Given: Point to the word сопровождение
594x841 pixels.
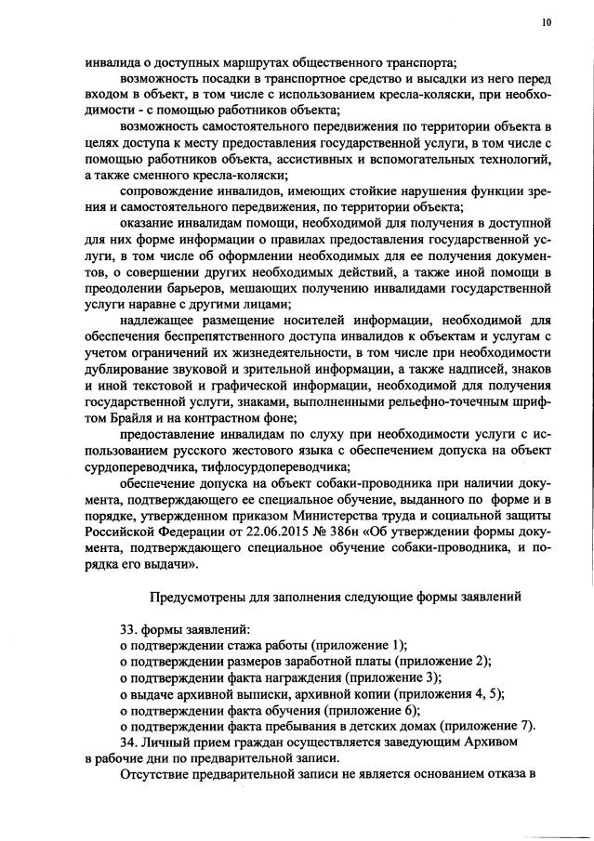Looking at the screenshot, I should tap(165, 191).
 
